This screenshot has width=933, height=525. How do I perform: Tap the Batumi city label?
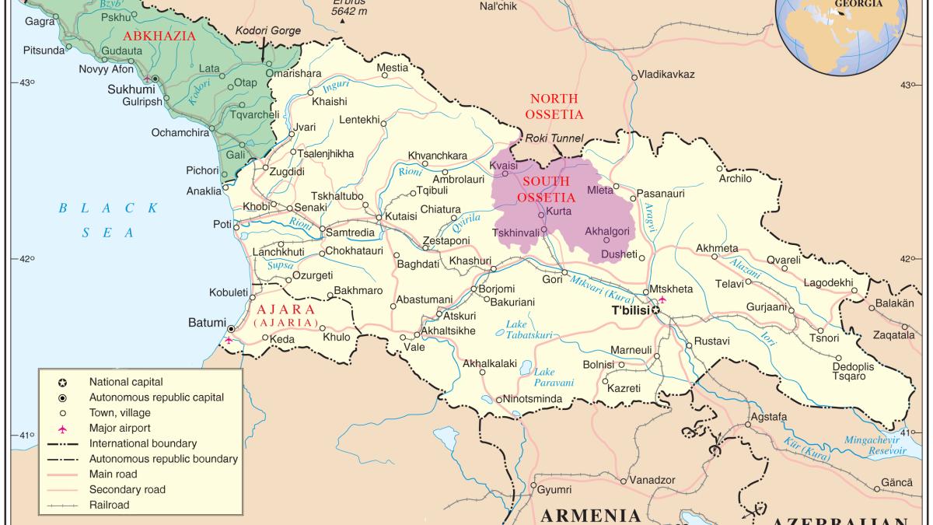207,323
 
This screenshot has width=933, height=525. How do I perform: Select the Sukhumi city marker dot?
155,79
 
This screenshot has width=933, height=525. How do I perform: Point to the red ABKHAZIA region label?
160,35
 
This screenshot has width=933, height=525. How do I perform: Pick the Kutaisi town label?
401,217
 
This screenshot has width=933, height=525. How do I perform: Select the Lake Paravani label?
554,377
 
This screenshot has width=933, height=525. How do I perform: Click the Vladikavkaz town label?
666,75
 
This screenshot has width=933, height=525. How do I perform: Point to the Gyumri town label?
555,490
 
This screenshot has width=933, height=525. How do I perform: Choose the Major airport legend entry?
119,428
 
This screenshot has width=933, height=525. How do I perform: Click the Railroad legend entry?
109,505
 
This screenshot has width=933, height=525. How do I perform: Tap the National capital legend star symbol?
62,382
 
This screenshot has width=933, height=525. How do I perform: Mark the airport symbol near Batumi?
227,341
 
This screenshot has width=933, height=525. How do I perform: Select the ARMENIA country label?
590,515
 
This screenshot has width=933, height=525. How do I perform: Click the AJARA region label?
285,309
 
